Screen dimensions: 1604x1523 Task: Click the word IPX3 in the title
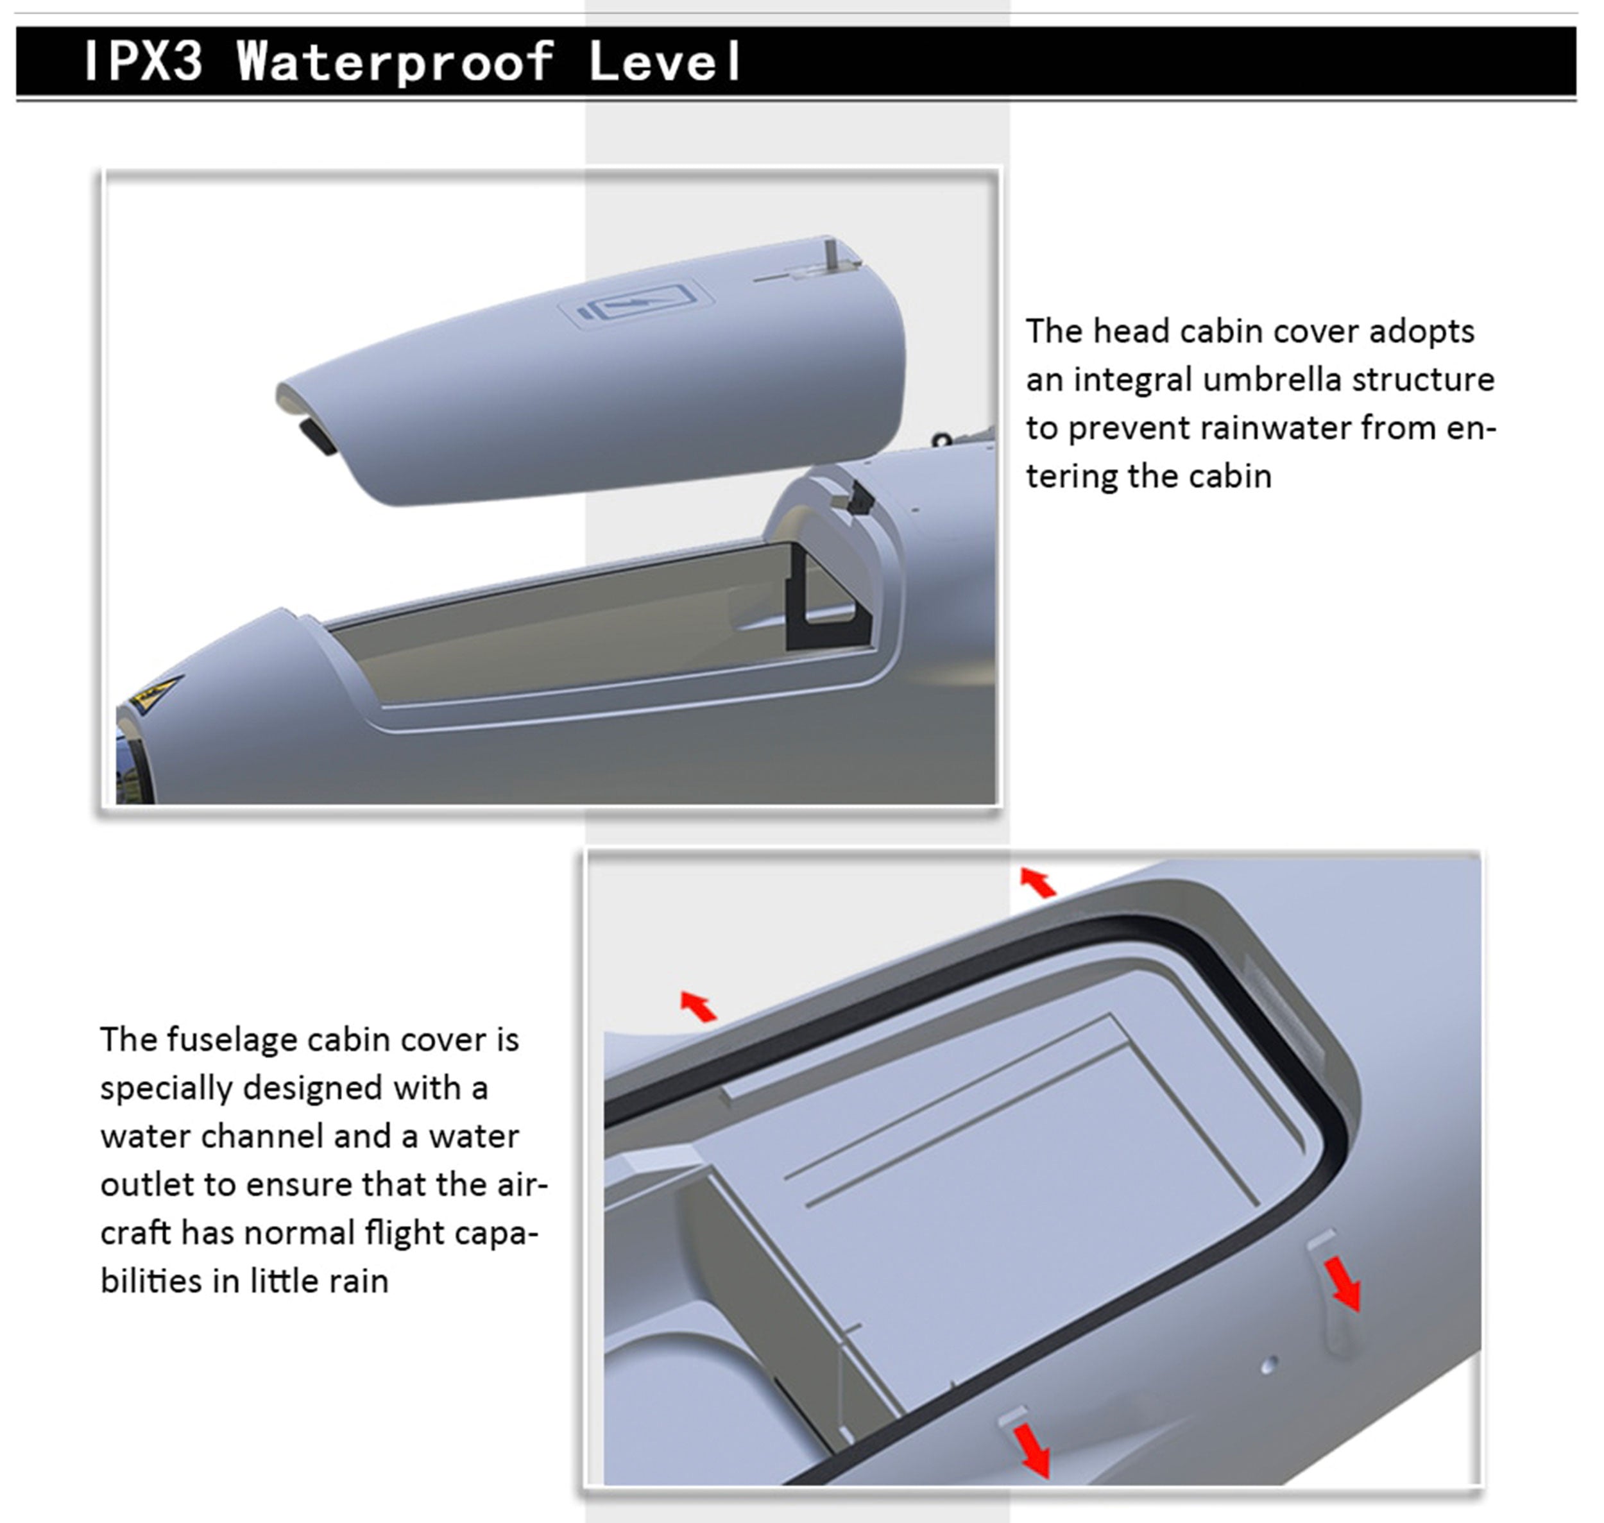pyautogui.click(x=143, y=61)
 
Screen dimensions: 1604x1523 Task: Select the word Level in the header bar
pyautogui.click(x=665, y=61)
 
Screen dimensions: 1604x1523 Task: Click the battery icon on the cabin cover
pyautogui.click(x=638, y=305)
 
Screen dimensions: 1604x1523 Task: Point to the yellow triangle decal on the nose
pyautogui.click(x=154, y=692)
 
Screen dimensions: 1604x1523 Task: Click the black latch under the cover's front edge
pyautogui.click(x=318, y=436)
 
